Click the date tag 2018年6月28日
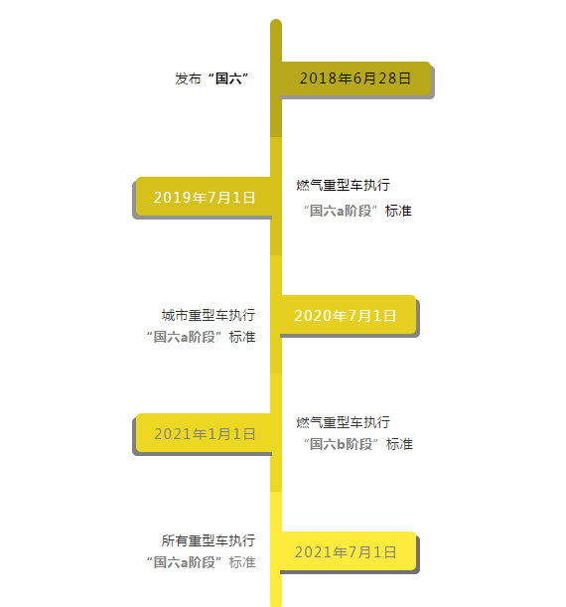(355, 78)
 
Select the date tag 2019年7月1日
(204, 197)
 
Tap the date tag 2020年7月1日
(349, 315)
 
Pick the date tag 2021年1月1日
(204, 433)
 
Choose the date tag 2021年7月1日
(349, 551)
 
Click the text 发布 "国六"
(212, 78)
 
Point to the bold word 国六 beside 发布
(228, 78)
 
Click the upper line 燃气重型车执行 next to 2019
(344, 185)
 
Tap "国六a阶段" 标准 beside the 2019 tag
(357, 211)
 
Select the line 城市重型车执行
(209, 315)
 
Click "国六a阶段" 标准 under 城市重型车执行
(202, 337)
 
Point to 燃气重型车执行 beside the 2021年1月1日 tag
(344, 422)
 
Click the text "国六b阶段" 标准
(358, 444)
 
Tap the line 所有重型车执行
(209, 540)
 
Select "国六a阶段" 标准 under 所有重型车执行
(202, 562)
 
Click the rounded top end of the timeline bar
(276, 20)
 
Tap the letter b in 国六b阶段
(341, 444)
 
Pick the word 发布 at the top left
(188, 78)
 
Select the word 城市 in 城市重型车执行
(175, 315)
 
